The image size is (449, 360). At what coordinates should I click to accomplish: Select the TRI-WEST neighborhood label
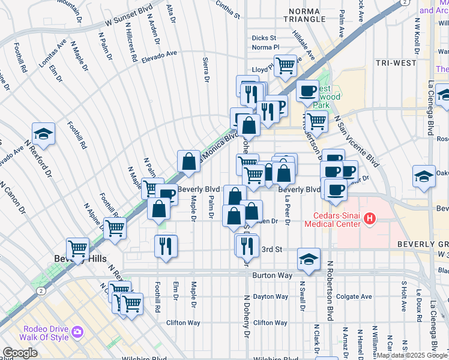coord(396,62)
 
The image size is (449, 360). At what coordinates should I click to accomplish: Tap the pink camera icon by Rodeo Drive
coord(77,332)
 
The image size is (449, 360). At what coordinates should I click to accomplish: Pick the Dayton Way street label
coord(270,296)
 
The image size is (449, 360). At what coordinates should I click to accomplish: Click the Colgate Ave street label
coord(354,296)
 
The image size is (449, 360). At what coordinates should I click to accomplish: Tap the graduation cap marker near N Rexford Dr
coord(43,133)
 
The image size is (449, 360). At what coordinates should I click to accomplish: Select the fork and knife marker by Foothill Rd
coord(166,245)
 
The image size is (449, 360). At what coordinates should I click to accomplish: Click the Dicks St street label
coord(264,38)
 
